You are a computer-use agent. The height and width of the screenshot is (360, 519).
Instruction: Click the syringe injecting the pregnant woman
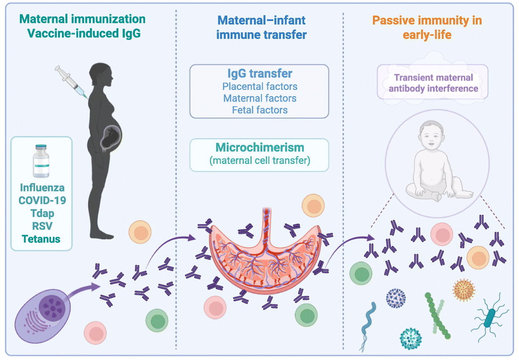pos(71,83)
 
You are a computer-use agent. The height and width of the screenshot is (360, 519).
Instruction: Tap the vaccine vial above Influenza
pos(41,161)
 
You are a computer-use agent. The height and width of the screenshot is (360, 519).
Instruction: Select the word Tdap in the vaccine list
pos(42,213)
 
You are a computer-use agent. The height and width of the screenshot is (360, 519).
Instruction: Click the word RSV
pos(42,226)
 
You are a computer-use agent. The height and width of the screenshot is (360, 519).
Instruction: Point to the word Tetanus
pos(41,239)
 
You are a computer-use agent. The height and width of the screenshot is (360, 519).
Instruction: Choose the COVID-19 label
pos(42,200)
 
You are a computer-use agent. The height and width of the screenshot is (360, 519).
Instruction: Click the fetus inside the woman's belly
pos(111,138)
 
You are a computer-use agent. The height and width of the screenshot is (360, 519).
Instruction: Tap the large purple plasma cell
pos(42,316)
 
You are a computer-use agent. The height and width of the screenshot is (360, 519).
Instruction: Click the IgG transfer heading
pos(259,74)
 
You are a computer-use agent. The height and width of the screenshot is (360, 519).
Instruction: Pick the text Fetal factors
pos(260,110)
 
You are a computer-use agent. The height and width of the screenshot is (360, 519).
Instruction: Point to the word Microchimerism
pos(260,148)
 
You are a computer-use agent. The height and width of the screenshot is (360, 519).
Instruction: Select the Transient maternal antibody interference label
pos(433,83)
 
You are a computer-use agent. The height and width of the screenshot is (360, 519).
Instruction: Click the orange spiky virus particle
pos(464,290)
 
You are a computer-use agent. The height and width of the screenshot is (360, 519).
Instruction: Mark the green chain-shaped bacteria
pos(437,316)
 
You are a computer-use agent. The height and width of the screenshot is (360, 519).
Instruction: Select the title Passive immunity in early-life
pos(427,28)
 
